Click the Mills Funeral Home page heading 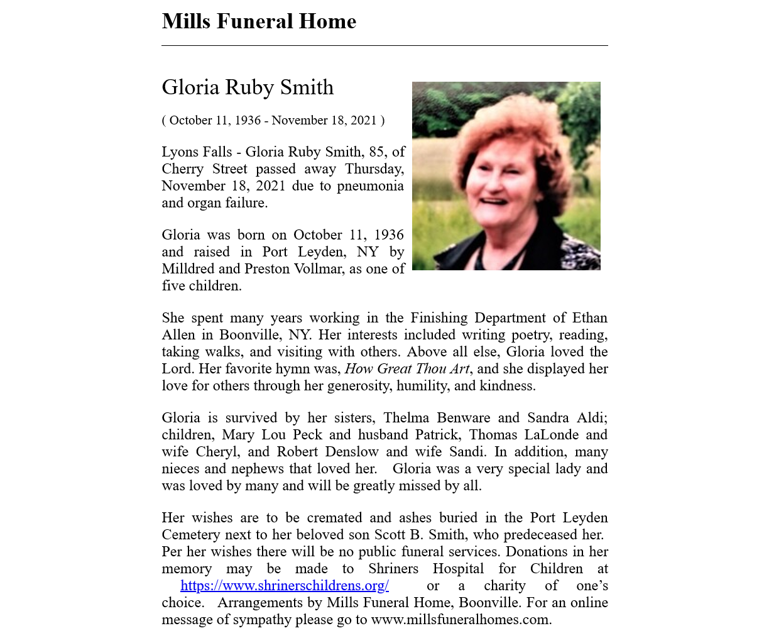[259, 21]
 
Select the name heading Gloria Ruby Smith [248, 87]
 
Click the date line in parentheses [273, 120]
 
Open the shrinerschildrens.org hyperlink [285, 586]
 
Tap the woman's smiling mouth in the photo [494, 202]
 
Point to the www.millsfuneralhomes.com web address [461, 620]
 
